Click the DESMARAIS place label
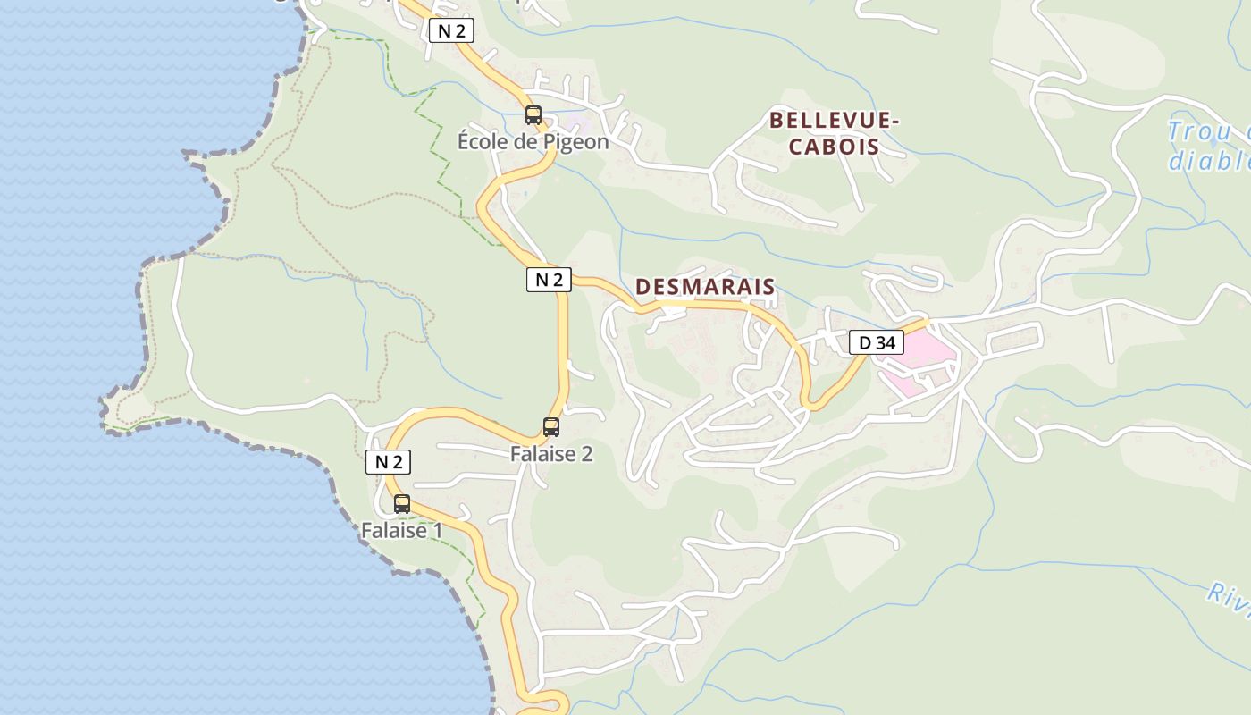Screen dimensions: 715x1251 pyautogui.click(x=705, y=287)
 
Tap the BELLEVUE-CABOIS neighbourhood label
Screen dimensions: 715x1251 pyautogui.click(x=834, y=133)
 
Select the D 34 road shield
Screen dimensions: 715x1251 pyautogui.click(x=876, y=342)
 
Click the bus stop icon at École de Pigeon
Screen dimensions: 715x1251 pyautogui.click(x=533, y=115)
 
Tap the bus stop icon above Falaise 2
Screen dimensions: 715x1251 pyautogui.click(x=551, y=427)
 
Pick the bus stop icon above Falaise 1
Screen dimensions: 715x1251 pyautogui.click(x=402, y=504)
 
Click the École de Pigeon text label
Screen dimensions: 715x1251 pyautogui.click(x=533, y=141)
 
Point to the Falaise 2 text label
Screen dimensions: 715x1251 pyautogui.click(x=551, y=454)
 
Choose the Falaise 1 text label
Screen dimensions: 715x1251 pyautogui.click(x=402, y=530)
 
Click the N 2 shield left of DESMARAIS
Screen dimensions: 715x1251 pyautogui.click(x=549, y=280)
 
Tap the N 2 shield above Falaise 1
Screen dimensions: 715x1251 pyautogui.click(x=389, y=462)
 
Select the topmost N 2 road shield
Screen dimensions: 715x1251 pyautogui.click(x=451, y=31)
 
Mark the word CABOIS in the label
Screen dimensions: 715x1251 pyautogui.click(x=834, y=147)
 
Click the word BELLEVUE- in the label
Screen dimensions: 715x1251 pyautogui.click(x=835, y=120)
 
